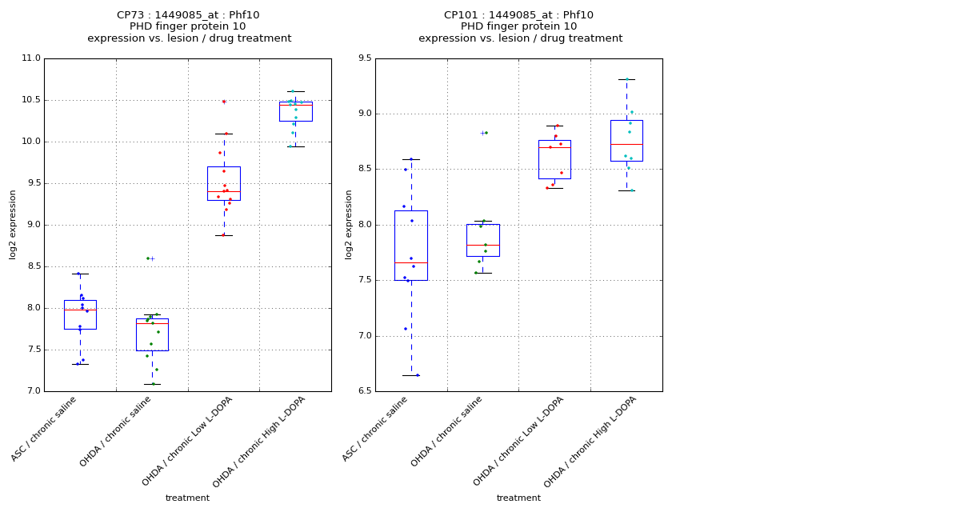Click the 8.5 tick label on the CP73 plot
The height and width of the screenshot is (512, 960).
point(33,266)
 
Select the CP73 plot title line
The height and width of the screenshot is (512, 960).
point(188,15)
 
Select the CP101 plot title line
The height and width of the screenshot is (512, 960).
point(518,15)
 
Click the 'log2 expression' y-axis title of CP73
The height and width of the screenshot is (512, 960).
point(13,224)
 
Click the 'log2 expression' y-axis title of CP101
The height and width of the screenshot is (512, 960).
point(349,224)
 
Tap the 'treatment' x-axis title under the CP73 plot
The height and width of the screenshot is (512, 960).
point(187,498)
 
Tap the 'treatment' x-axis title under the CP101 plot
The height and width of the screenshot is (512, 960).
point(518,498)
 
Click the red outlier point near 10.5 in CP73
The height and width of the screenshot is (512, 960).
point(224,102)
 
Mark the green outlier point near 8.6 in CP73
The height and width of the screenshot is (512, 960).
point(148,258)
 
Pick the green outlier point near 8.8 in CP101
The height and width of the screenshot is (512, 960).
point(486,133)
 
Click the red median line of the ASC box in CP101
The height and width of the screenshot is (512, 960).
point(411,262)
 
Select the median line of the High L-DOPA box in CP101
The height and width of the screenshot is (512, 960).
point(626,144)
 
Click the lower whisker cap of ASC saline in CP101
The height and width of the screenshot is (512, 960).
point(411,375)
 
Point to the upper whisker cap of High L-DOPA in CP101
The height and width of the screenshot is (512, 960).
point(626,79)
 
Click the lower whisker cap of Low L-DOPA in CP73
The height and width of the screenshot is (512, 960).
point(224,235)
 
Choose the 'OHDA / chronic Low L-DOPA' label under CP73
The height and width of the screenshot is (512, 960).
point(189,440)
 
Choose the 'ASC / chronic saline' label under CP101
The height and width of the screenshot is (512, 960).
point(376,428)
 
